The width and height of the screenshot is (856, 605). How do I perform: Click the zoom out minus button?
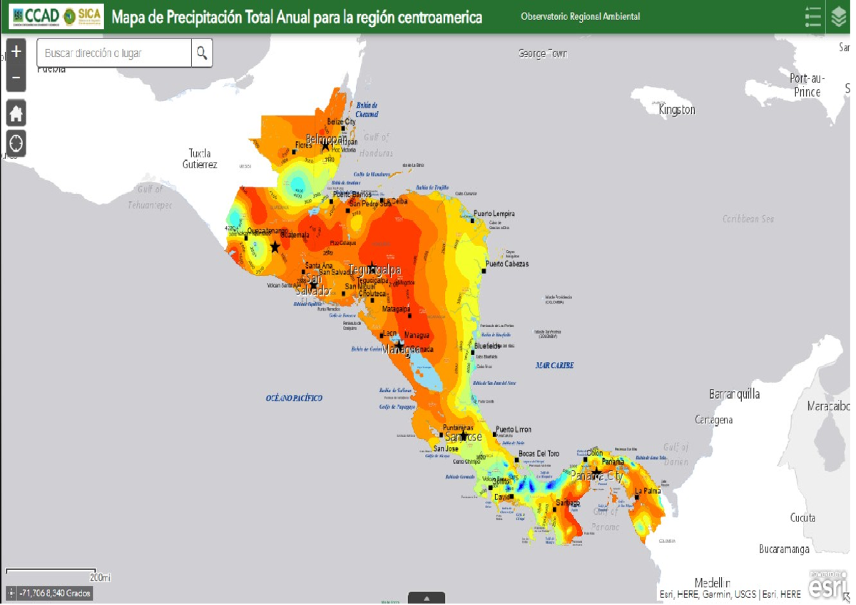pyautogui.click(x=16, y=78)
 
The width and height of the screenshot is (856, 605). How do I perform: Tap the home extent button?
pyautogui.click(x=16, y=113)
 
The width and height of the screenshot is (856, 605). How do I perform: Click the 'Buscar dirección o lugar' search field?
pyautogui.click(x=114, y=53)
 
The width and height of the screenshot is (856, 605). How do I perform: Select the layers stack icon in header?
pyautogui.click(x=839, y=16)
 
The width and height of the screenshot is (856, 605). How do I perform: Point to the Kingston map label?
pyautogui.click(x=676, y=110)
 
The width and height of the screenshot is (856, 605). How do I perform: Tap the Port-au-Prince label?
pyautogui.click(x=807, y=85)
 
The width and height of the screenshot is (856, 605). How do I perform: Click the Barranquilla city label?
pyautogui.click(x=734, y=394)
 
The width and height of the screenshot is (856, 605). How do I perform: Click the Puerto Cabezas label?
pyautogui.click(x=507, y=264)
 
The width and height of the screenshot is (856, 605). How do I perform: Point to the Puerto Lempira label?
pyautogui.click(x=494, y=214)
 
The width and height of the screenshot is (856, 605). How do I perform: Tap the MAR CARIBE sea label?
pyautogui.click(x=554, y=366)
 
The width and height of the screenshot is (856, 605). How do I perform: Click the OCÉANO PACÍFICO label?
pyautogui.click(x=294, y=398)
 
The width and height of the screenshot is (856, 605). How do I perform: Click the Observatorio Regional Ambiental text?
pyautogui.click(x=580, y=16)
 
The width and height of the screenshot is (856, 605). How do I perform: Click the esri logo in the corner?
pyautogui.click(x=827, y=584)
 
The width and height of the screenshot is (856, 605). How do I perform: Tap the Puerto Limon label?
pyautogui.click(x=514, y=430)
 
